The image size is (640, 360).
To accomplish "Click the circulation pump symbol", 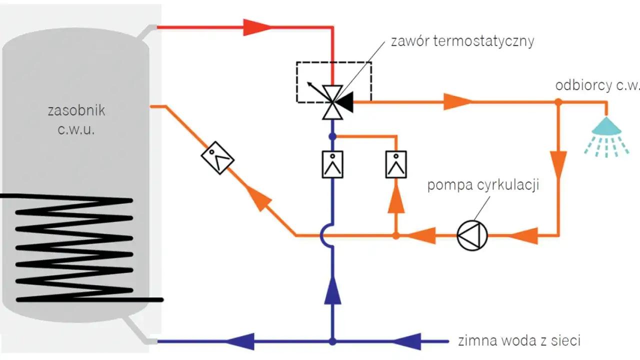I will [x=472, y=234].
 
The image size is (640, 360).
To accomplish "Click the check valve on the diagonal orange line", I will [x=217, y=158].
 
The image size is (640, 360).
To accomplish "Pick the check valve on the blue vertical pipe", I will [x=332, y=164].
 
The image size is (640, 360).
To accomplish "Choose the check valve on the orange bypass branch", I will [x=396, y=164].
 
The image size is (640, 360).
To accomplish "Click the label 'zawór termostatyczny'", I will [x=462, y=40].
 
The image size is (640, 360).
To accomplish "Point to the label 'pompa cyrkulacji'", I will [x=482, y=185].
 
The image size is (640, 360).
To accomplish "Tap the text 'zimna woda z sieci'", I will [x=519, y=341].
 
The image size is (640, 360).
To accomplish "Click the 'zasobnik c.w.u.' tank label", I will [x=76, y=118].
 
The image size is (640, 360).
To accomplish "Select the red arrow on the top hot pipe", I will [x=257, y=27].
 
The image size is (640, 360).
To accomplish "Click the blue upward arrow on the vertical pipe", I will [x=332, y=292].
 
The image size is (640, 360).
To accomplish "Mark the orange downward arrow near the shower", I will [x=558, y=163].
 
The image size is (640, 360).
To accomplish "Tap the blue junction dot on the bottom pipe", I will [x=332, y=342].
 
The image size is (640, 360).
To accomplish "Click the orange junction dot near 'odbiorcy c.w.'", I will [x=558, y=102].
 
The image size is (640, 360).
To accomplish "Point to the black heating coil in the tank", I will [x=75, y=247].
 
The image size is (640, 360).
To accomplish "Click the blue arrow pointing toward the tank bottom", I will [x=240, y=342].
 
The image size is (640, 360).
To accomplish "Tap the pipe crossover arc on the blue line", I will [x=326, y=234].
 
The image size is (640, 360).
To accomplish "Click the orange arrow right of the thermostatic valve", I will [x=457, y=102].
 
